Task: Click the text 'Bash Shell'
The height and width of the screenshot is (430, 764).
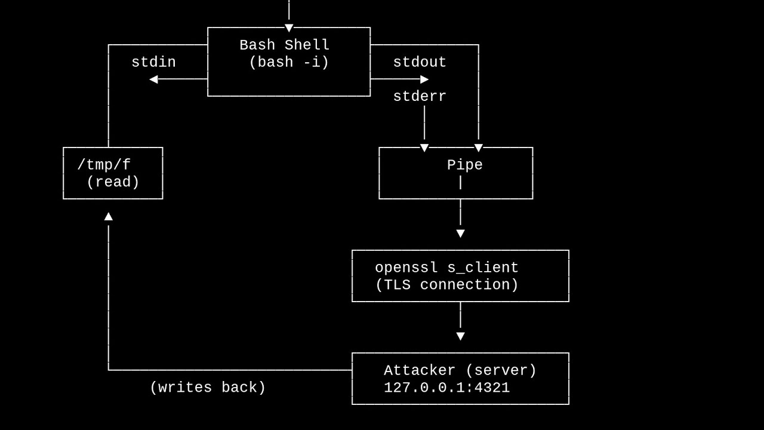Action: [285, 45]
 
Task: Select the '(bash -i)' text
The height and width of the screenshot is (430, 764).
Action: [289, 62]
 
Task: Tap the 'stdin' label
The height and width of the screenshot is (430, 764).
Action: [153, 62]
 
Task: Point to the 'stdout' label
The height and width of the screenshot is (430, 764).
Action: [420, 62]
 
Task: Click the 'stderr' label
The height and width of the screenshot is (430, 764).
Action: [420, 97]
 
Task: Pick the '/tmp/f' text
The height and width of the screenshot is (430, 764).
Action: [104, 165]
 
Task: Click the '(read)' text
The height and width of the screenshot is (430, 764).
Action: [113, 182]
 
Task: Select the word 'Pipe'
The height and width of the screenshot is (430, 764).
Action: [465, 165]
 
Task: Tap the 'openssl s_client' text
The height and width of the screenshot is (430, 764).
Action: [447, 268]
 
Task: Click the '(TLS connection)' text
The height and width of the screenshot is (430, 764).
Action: [447, 285]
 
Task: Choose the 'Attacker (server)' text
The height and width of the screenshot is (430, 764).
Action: [460, 371]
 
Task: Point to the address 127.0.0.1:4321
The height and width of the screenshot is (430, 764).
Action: [447, 388]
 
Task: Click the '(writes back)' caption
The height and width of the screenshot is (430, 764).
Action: [208, 388]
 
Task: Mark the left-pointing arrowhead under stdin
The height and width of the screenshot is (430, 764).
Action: [154, 79]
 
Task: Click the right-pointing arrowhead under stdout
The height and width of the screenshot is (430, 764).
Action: [424, 79]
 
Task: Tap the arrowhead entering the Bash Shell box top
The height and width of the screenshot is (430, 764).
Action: [289, 28]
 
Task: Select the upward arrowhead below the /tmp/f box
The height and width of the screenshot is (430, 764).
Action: [109, 217]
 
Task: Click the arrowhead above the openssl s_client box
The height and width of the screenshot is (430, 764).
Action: [460, 234]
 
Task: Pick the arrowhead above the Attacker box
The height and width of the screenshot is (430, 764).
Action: [460, 336]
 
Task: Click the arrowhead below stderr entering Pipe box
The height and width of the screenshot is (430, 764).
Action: [424, 148]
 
